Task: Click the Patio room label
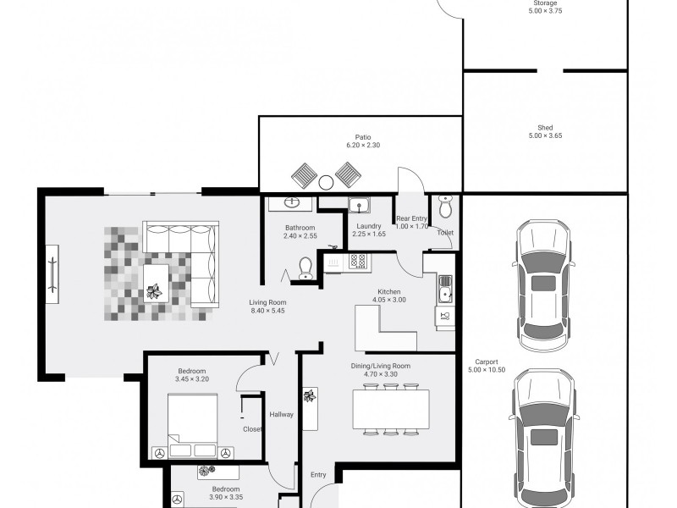(x=363, y=137)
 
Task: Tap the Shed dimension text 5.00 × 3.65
(x=545, y=135)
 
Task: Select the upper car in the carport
(x=543, y=285)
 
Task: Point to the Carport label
(x=487, y=362)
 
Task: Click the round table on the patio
(x=326, y=182)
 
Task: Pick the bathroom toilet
(x=305, y=268)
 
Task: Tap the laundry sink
(x=359, y=205)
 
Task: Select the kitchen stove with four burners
(x=357, y=261)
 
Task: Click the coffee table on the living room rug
(x=156, y=283)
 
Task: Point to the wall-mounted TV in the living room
(x=52, y=274)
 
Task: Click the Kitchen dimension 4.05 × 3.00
(x=389, y=300)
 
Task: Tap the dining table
(x=391, y=409)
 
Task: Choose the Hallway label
(x=282, y=415)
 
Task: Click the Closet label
(x=252, y=429)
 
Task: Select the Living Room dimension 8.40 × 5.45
(x=267, y=311)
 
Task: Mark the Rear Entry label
(x=411, y=218)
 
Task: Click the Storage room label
(x=545, y=3)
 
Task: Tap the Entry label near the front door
(x=318, y=475)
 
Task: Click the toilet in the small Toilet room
(x=445, y=207)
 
